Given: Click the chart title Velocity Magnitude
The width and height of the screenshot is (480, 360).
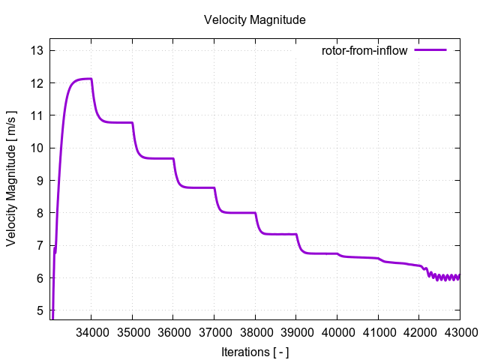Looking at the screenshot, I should (x=254, y=20).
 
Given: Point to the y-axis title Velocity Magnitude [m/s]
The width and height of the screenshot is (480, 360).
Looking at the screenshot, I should (x=12, y=180).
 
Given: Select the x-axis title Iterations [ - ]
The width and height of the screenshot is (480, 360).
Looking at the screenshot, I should (x=254, y=352).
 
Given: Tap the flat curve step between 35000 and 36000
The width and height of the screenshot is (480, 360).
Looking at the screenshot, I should (x=154, y=158).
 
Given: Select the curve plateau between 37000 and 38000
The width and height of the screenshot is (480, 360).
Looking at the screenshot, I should (x=236, y=212).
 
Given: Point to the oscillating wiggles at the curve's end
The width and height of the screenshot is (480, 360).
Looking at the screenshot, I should (x=446, y=277).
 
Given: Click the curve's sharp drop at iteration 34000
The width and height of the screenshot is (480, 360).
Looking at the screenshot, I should (x=94, y=97).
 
